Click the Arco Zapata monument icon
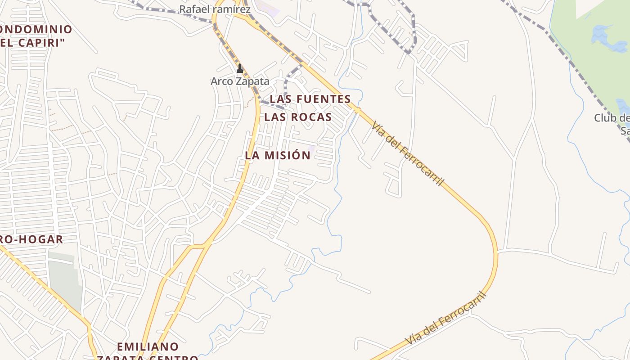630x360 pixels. click(240, 69)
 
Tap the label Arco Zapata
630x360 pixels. click(240, 81)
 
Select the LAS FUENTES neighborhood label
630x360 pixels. click(310, 99)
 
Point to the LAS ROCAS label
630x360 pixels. click(298, 117)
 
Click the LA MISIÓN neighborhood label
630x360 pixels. click(278, 155)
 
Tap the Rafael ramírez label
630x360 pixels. click(215, 9)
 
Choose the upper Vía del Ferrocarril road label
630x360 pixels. click(408, 154)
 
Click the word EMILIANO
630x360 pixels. click(148, 346)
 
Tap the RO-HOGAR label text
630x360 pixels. click(31, 239)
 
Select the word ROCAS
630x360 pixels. click(311, 117)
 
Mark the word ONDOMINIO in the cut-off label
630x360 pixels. click(36, 30)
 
